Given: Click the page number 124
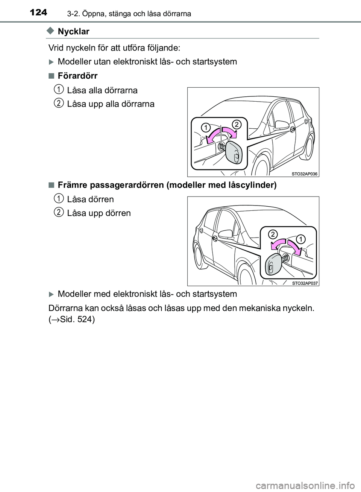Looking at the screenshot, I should [38, 12].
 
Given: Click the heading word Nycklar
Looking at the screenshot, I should [74, 32].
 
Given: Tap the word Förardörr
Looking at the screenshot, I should [77, 76].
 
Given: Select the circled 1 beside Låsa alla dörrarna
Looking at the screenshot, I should [58, 89].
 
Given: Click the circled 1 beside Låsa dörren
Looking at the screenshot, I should [58, 198].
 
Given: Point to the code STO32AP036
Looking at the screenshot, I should [304, 174].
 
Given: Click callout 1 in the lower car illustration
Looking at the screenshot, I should [301, 238].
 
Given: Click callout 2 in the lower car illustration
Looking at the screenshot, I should [273, 234].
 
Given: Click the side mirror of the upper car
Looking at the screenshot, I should [281, 125].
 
